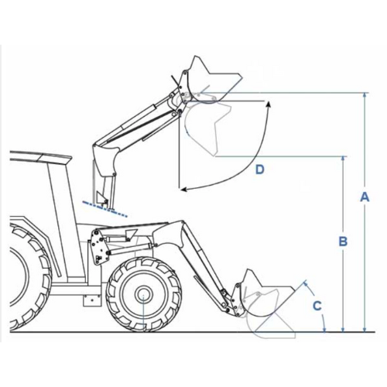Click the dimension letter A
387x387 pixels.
[x=365, y=197]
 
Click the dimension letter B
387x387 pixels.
[x=343, y=241]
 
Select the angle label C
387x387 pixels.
[x=317, y=306]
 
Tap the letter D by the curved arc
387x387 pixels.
[x=260, y=170]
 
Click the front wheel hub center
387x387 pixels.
[x=143, y=294]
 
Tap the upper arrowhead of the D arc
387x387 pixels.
[x=269, y=104]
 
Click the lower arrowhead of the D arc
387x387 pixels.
[x=183, y=190]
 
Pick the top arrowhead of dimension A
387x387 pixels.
[x=365, y=94]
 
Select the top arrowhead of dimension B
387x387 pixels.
[x=343, y=159]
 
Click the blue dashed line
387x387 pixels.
[x=104, y=208]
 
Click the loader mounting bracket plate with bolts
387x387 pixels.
[x=98, y=247]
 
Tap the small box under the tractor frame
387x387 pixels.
[x=92, y=300]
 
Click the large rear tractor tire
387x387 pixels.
[x=29, y=276]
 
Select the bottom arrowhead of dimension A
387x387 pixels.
[x=365, y=329]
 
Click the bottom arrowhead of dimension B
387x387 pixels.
[x=343, y=329]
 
